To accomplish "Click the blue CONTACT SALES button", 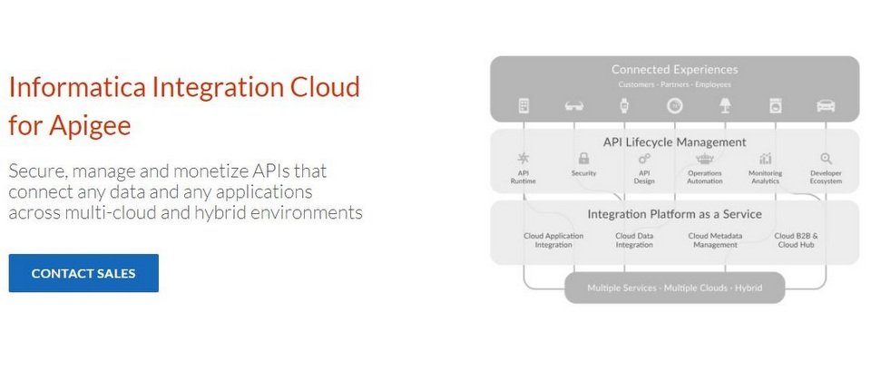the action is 83,273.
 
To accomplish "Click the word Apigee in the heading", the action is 90,125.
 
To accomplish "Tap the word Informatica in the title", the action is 78,87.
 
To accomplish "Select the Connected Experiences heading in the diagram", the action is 674,70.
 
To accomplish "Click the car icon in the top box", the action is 826,105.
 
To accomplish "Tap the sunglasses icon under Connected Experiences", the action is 573,105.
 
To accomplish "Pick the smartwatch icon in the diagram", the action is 624,105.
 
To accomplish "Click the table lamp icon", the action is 725,105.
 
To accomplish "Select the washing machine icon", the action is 776,105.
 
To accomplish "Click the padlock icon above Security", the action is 583,159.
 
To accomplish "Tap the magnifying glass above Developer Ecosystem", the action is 826,159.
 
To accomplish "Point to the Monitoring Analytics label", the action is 766,177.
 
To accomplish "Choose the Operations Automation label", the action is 705,177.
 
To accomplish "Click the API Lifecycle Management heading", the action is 674,142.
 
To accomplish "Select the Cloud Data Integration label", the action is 634,240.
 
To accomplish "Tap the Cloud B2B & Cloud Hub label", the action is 796,240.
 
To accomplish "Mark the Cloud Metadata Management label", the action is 715,240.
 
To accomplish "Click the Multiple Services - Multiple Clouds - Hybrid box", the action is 674,288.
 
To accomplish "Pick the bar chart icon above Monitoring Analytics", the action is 766,159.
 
